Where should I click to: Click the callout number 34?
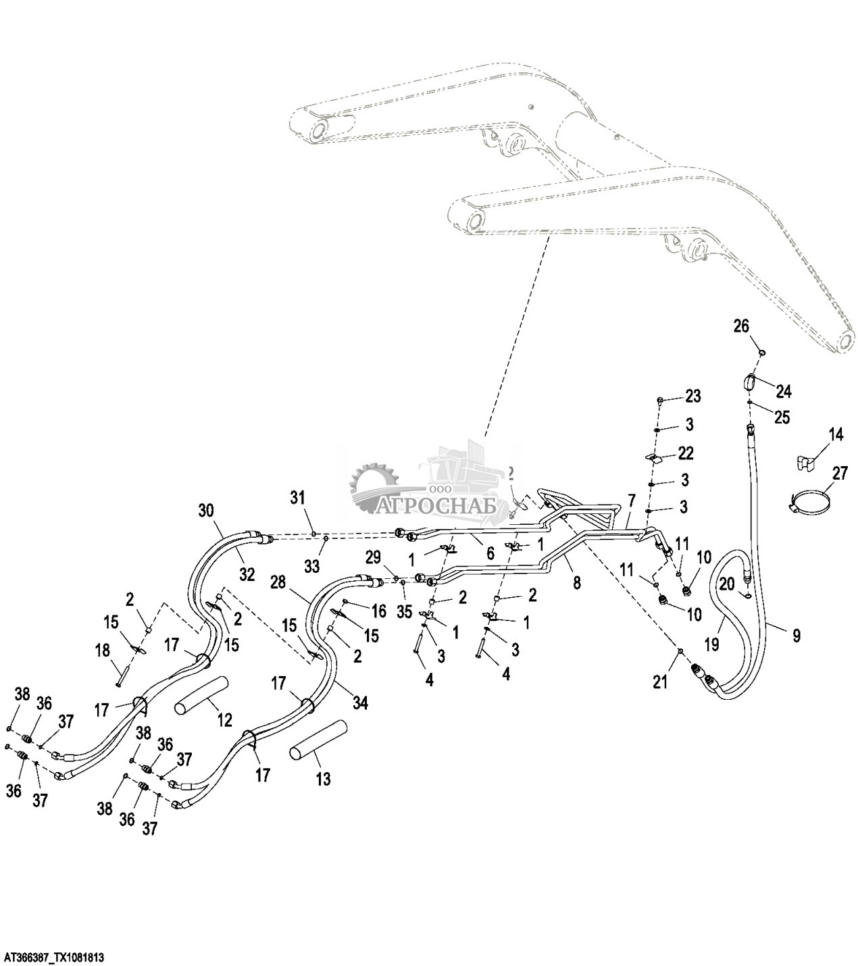pyautogui.click(x=360, y=703)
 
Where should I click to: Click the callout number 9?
pyautogui.click(x=797, y=635)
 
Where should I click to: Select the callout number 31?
pyautogui.click(x=298, y=498)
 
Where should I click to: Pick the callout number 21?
pyautogui.click(x=659, y=682)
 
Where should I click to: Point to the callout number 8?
pyautogui.click(x=576, y=582)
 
